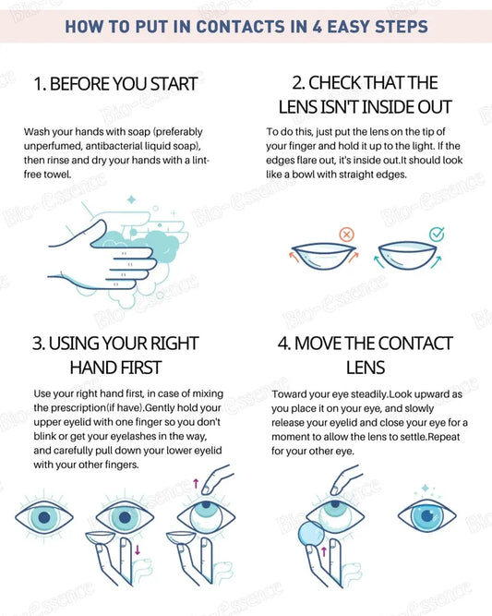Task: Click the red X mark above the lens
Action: click(x=347, y=236)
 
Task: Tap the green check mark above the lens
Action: click(x=436, y=235)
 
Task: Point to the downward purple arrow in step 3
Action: click(x=137, y=553)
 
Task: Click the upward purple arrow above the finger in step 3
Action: click(x=196, y=483)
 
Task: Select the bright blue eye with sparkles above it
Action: click(x=426, y=515)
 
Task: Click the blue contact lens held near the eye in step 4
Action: click(x=311, y=537)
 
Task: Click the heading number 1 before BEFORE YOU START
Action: click(x=38, y=84)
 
